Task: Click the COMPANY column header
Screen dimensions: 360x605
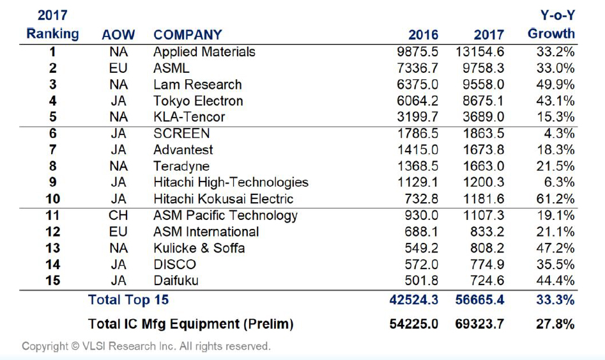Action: (188, 35)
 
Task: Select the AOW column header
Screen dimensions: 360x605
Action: (118, 35)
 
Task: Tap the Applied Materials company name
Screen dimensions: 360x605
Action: (204, 52)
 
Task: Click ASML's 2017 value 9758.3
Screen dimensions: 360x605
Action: (480, 68)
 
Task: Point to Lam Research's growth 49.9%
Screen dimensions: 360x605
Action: (555, 84)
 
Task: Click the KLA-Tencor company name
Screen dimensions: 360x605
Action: (189, 117)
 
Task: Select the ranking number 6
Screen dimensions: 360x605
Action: (53, 134)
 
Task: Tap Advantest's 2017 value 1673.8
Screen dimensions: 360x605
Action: (480, 150)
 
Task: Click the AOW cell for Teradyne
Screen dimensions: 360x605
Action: (118, 166)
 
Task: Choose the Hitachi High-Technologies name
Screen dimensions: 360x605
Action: (231, 182)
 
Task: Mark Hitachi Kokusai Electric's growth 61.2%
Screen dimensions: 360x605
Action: (555, 199)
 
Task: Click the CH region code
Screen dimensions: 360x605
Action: (118, 215)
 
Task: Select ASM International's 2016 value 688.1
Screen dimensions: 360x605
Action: (421, 231)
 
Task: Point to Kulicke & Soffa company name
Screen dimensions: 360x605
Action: (199, 248)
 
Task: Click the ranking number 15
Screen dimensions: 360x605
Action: (53, 281)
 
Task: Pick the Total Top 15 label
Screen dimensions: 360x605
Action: (128, 299)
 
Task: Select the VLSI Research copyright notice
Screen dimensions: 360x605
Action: (146, 347)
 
